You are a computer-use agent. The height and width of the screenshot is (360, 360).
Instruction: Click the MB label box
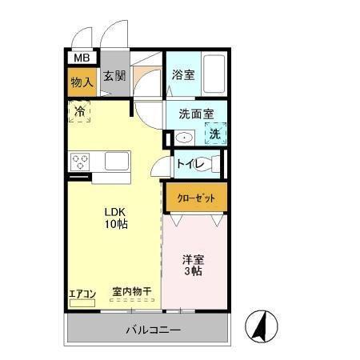point(82,58)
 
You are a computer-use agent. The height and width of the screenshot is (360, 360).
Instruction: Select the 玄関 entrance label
point(114,77)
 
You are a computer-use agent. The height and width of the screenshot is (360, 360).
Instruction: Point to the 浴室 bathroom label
point(182,75)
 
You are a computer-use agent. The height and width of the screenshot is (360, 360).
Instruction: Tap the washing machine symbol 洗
point(214,134)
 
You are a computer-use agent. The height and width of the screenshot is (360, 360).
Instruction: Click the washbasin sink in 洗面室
point(184,138)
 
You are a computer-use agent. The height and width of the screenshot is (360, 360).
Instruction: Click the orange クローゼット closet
point(196,198)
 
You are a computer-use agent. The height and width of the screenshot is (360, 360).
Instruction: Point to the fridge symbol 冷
point(79,112)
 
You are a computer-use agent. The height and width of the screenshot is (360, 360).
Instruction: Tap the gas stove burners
point(81,162)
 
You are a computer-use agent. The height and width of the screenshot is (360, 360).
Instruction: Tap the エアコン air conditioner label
point(82,294)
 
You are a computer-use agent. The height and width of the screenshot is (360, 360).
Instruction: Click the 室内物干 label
point(131,294)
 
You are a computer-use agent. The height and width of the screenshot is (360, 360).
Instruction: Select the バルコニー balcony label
point(152,330)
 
